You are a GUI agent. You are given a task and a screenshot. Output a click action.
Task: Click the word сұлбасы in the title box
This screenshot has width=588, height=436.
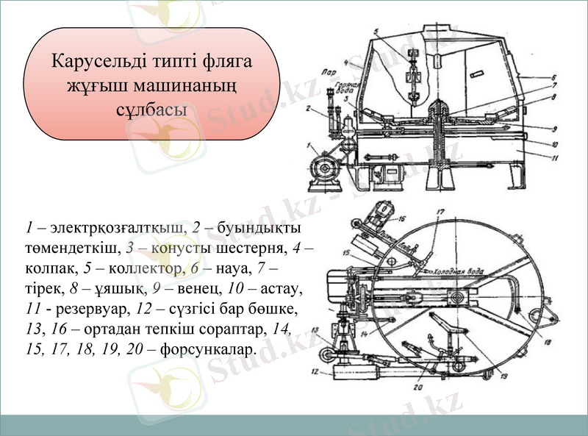151,109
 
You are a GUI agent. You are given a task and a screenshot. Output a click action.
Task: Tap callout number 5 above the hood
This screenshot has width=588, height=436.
376,32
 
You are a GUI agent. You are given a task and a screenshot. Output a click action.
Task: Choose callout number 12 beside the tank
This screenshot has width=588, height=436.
317,371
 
